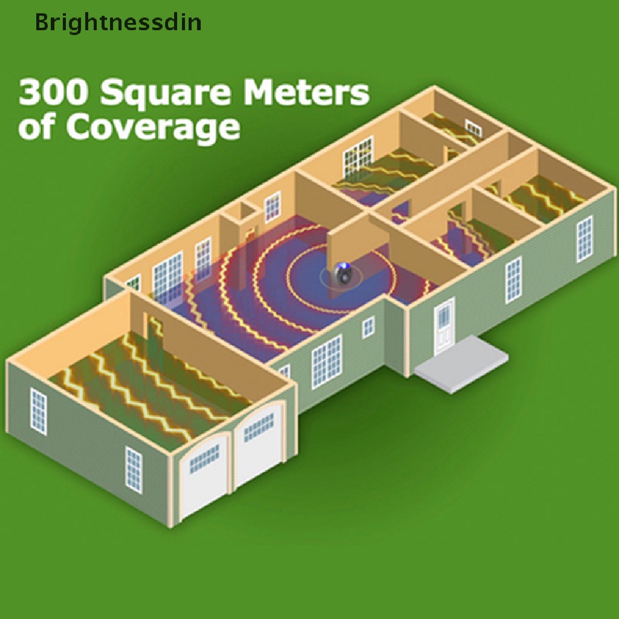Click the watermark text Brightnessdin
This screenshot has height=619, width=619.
(x=118, y=23)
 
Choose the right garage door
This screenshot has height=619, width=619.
(x=259, y=445)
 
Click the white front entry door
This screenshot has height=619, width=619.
(x=444, y=326)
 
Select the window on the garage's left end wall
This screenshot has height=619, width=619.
(x=39, y=411)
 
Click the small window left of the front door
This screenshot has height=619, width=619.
(x=368, y=327)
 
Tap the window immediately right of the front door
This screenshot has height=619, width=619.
(x=513, y=280)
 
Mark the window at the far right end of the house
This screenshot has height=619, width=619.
(x=584, y=239)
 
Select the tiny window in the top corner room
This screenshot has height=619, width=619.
(x=473, y=128)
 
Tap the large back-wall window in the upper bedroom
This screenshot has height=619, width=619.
(x=358, y=155)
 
